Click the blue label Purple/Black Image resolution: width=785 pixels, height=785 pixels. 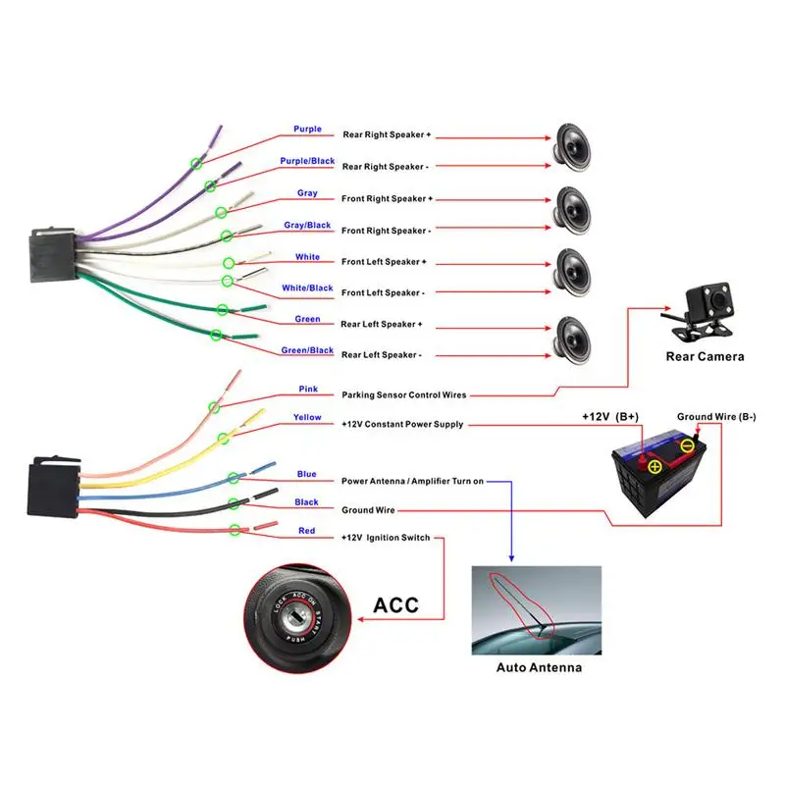click(x=307, y=161)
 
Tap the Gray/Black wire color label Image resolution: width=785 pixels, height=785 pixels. click(x=307, y=225)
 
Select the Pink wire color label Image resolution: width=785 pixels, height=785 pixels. click(x=308, y=389)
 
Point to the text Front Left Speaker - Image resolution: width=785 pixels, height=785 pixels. click(x=383, y=292)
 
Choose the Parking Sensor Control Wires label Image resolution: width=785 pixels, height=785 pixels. click(x=403, y=395)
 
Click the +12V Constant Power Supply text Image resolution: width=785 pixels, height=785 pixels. click(x=402, y=425)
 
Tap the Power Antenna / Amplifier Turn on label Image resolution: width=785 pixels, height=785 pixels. click(x=412, y=482)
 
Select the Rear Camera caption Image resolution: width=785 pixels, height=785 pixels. click(x=705, y=356)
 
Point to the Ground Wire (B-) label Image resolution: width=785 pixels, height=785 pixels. click(x=716, y=417)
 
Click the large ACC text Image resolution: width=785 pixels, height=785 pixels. click(x=396, y=604)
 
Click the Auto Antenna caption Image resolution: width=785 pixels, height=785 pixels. click(x=539, y=667)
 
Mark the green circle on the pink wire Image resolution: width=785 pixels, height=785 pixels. click(x=215, y=408)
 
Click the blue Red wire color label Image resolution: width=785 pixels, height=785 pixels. click(x=307, y=530)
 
